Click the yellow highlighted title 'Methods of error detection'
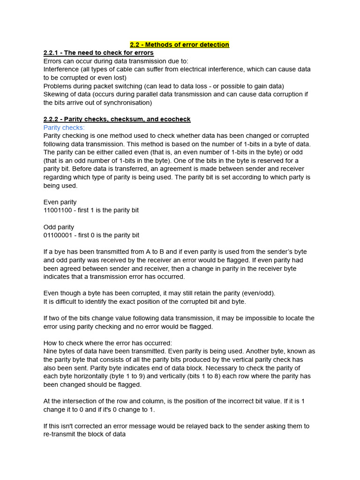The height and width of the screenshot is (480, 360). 180,45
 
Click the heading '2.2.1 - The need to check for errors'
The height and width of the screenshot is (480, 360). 98,53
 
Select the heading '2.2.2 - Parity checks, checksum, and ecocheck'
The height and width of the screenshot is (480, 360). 117,120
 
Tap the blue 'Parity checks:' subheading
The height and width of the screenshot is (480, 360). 64,127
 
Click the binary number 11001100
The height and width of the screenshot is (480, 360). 58,210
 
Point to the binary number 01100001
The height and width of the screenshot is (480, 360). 58,235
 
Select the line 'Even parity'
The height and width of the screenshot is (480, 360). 60,202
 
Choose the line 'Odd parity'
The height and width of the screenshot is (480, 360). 59,227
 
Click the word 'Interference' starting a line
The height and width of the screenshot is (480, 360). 61,69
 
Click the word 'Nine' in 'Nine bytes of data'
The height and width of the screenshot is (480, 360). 51,352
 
